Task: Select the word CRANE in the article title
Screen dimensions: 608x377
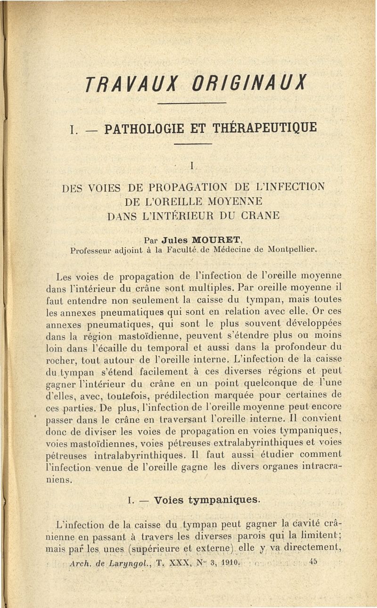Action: point(256,216)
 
